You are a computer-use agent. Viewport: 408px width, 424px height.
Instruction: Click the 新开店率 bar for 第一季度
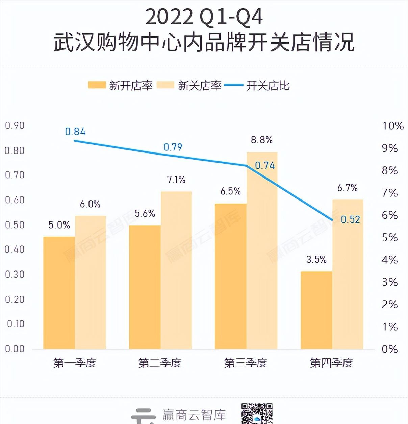pos(59,292)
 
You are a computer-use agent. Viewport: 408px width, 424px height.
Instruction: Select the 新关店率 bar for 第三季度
pos(262,250)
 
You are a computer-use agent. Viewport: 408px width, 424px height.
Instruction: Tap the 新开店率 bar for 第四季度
pos(316,310)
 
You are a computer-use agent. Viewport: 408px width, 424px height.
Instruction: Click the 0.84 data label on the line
pos(75,132)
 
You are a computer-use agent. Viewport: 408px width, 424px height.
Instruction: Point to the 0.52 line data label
pos(350,220)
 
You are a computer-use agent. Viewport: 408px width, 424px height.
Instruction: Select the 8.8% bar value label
pos(261,140)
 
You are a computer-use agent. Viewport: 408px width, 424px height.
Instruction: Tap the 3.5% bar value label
pos(316,259)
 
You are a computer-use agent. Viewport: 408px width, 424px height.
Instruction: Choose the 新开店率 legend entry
pos(121,86)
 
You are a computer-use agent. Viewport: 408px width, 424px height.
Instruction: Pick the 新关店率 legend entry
pos(189,86)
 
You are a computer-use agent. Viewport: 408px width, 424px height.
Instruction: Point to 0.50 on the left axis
pos(15,225)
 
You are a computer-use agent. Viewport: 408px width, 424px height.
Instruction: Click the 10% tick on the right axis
pos(393,126)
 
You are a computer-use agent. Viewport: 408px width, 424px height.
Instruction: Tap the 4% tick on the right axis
pos(390,260)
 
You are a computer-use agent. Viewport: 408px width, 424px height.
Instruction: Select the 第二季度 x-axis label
pos(160,363)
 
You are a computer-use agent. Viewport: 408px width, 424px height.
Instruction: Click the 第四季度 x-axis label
pos(331,363)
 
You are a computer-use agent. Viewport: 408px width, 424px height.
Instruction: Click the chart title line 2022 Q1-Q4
pos(204,17)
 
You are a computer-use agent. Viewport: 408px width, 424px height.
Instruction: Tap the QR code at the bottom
pos(257,413)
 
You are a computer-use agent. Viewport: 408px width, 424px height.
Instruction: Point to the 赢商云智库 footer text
pos(194,415)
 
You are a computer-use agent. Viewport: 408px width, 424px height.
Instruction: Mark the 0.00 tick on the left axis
pos(15,349)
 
